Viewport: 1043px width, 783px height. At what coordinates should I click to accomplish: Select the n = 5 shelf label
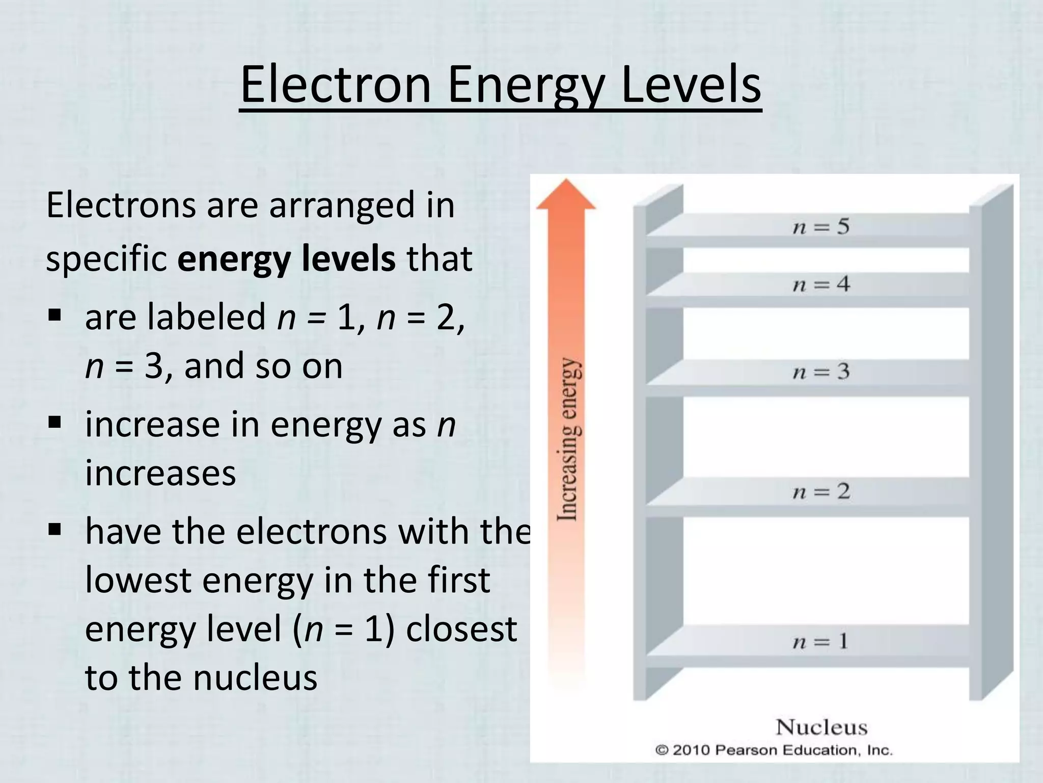point(821,226)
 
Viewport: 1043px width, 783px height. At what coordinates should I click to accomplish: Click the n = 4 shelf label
point(821,284)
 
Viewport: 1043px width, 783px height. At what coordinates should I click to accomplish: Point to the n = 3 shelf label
point(821,371)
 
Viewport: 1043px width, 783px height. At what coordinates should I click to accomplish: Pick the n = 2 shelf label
point(821,491)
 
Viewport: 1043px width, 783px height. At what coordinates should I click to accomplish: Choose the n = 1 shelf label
point(821,641)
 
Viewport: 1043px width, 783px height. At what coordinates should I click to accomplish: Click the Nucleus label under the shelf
point(821,727)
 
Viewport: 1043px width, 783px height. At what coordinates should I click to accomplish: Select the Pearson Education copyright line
point(774,750)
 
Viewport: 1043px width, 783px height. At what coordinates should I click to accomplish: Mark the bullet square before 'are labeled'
point(55,315)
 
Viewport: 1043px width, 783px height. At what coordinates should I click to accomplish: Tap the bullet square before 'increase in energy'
point(55,422)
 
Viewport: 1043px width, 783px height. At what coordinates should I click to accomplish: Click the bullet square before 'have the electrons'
point(55,529)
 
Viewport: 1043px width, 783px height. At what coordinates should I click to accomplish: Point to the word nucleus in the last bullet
point(255,677)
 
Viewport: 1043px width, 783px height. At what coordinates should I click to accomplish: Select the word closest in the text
point(461,629)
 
